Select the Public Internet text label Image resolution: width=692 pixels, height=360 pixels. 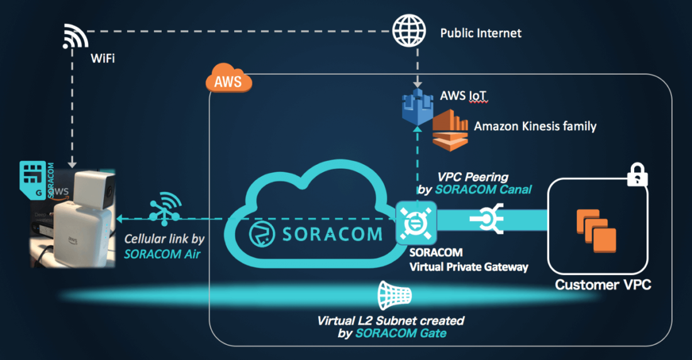pos(481,33)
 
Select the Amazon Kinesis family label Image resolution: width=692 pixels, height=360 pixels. pos(535,127)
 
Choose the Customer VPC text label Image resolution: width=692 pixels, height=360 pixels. pos(603,285)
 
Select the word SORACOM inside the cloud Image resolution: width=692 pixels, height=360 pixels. pos(332,233)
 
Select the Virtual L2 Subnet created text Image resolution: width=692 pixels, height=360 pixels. pos(391,321)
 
